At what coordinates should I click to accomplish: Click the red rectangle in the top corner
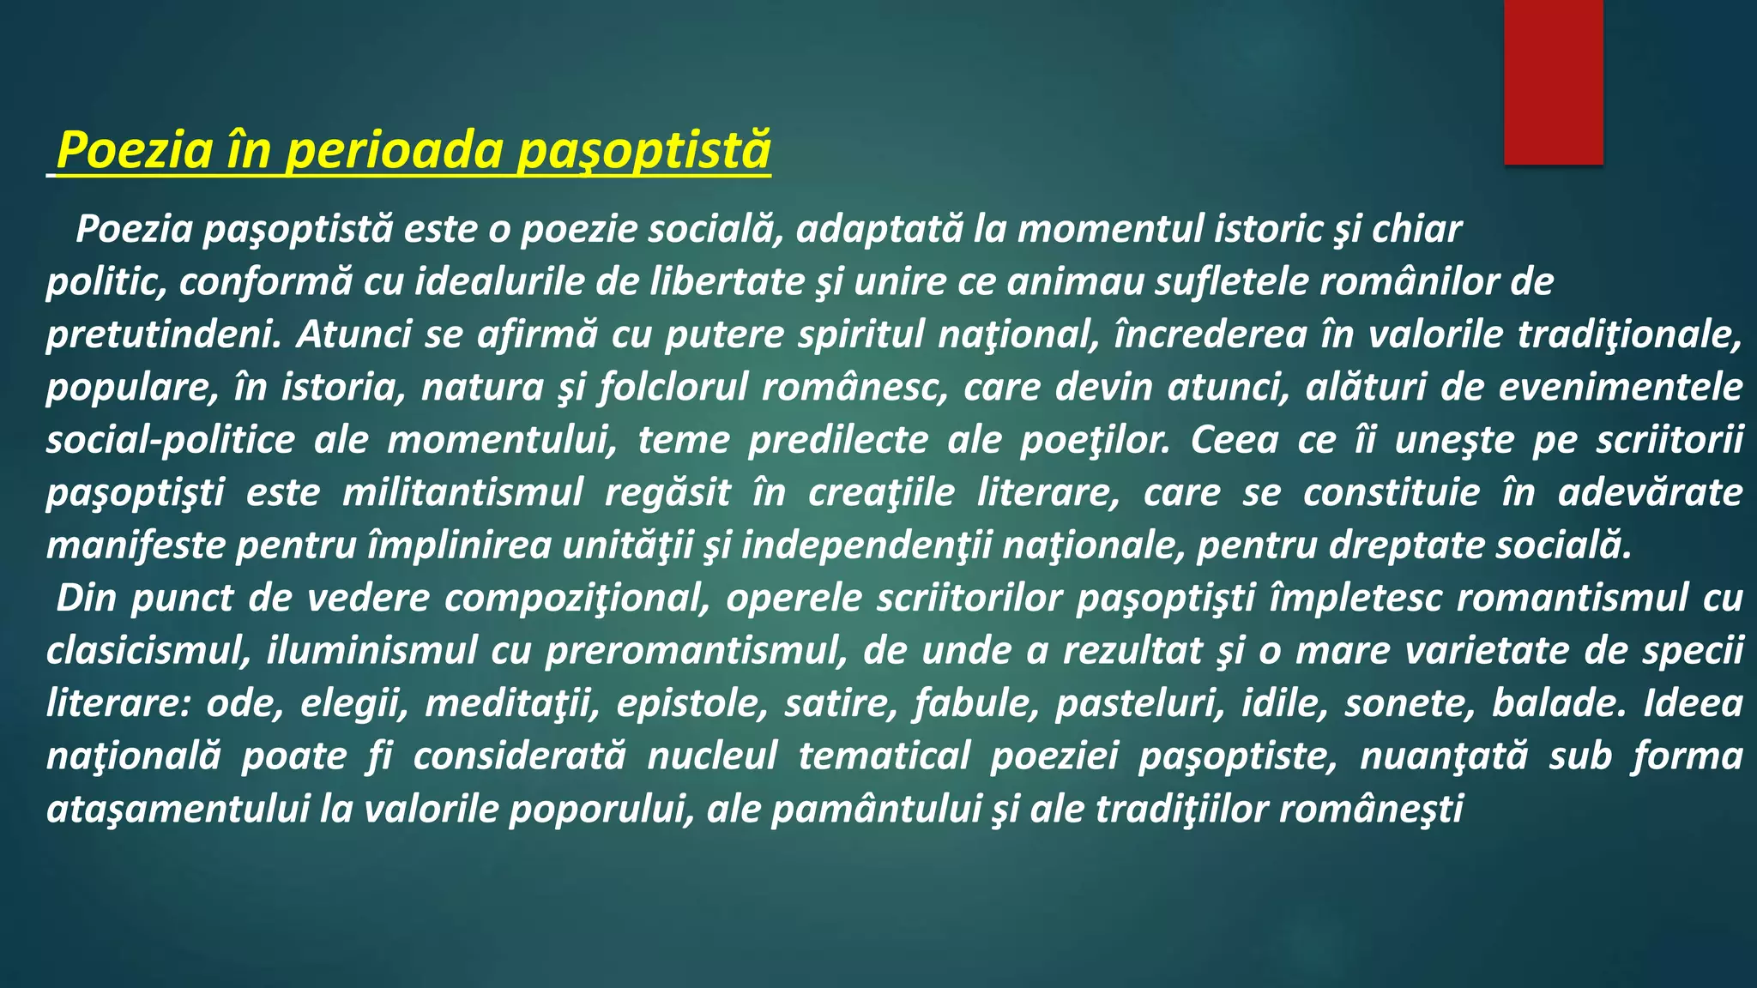(x=1553, y=81)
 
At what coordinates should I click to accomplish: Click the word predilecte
(x=838, y=440)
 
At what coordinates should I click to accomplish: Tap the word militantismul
(x=462, y=493)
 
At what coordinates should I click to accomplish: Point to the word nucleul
(x=712, y=756)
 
